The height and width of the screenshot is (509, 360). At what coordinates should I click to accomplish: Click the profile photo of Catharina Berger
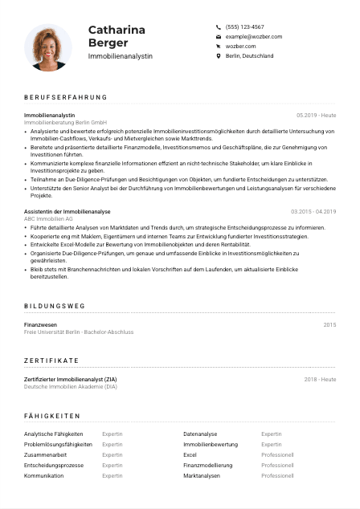pos(48,47)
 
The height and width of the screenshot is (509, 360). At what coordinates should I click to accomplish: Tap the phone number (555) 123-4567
pos(244,26)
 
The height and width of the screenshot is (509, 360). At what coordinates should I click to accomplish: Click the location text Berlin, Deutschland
pos(249,56)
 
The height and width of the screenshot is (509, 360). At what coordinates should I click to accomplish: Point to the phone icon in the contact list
pos(219,26)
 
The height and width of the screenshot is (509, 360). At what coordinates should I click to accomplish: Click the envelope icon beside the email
pos(219,37)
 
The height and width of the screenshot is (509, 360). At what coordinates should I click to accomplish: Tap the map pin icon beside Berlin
pos(219,56)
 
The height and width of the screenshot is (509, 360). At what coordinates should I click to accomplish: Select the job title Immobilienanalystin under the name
pos(120,57)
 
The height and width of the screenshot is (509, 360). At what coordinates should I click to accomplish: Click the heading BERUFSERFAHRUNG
pos(65,98)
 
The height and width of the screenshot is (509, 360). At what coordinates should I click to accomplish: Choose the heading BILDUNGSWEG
pos(54,306)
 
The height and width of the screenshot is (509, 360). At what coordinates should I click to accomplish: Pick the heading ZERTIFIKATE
pos(51,360)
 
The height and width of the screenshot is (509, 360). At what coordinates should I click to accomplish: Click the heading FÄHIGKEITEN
pos(52,416)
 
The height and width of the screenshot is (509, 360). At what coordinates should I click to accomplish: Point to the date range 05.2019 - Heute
pos(316,116)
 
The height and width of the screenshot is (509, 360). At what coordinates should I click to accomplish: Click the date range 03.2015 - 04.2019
pos(313,211)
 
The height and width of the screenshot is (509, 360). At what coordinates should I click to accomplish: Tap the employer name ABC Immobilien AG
pos(48,218)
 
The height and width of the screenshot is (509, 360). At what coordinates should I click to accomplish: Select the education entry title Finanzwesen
pos(40,324)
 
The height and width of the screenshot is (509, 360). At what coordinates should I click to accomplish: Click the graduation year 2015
pos(329,324)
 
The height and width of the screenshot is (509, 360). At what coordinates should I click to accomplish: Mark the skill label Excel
pos(190,454)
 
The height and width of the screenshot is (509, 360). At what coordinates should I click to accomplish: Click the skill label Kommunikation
pos(43,475)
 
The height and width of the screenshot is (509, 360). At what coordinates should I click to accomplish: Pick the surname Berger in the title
pos(109,43)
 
